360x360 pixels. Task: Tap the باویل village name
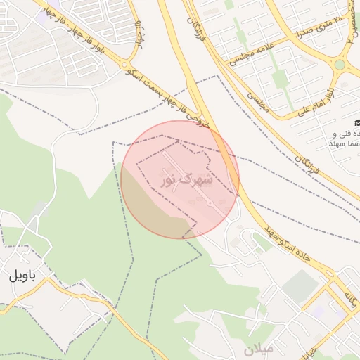[21, 276]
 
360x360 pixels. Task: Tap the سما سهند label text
[344, 143]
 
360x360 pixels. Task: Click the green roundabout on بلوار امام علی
[341, 65]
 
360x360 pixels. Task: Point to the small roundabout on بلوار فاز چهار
[129, 64]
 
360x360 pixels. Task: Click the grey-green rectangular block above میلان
[301, 284]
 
